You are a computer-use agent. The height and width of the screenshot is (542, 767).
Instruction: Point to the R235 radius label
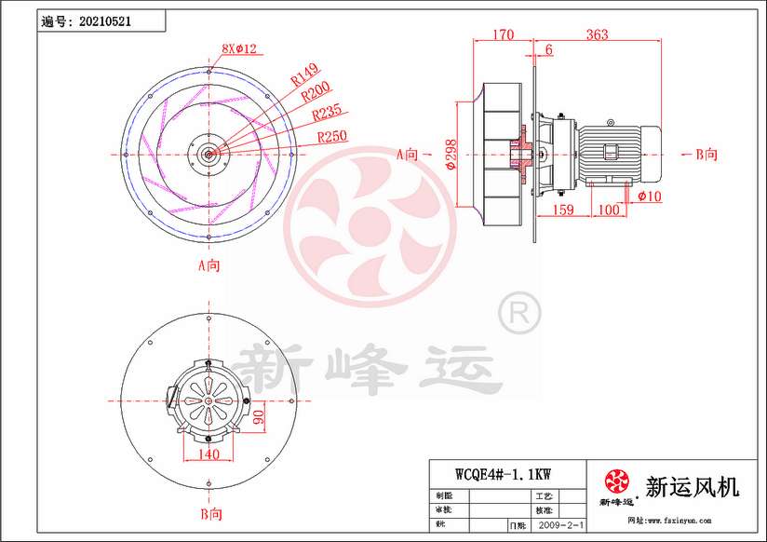(x=326, y=115)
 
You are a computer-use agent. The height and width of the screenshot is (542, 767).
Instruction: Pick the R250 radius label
(x=332, y=137)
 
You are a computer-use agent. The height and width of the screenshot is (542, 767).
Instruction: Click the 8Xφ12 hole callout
(x=238, y=47)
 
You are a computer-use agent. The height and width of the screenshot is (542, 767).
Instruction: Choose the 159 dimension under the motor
(x=562, y=210)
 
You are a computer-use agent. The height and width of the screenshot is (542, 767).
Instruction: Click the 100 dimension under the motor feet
(x=608, y=210)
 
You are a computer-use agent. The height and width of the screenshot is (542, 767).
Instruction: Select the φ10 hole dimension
(x=649, y=196)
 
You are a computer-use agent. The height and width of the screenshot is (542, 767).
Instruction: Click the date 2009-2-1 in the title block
(x=560, y=526)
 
